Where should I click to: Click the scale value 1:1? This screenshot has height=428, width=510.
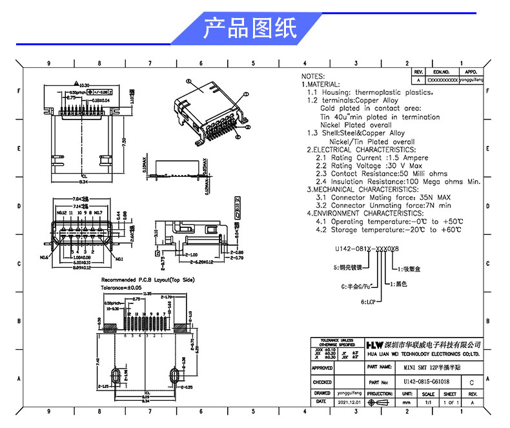427,402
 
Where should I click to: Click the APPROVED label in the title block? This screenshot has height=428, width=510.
322,368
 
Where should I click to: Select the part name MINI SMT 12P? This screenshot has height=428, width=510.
427,367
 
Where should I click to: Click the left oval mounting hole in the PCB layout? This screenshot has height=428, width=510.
116,376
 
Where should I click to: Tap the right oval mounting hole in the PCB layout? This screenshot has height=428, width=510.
174,376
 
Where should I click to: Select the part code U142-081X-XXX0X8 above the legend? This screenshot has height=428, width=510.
367,248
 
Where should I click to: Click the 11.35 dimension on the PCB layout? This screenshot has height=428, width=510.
148,294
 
